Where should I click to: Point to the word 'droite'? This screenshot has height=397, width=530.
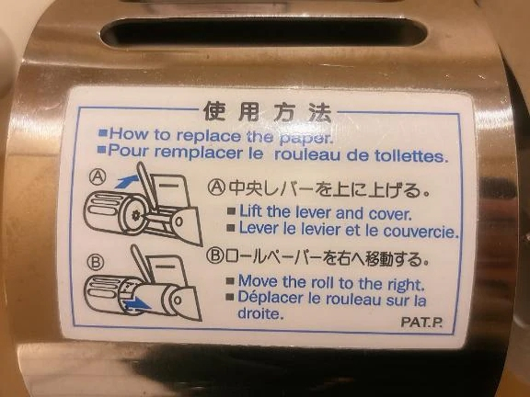point(260,312)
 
